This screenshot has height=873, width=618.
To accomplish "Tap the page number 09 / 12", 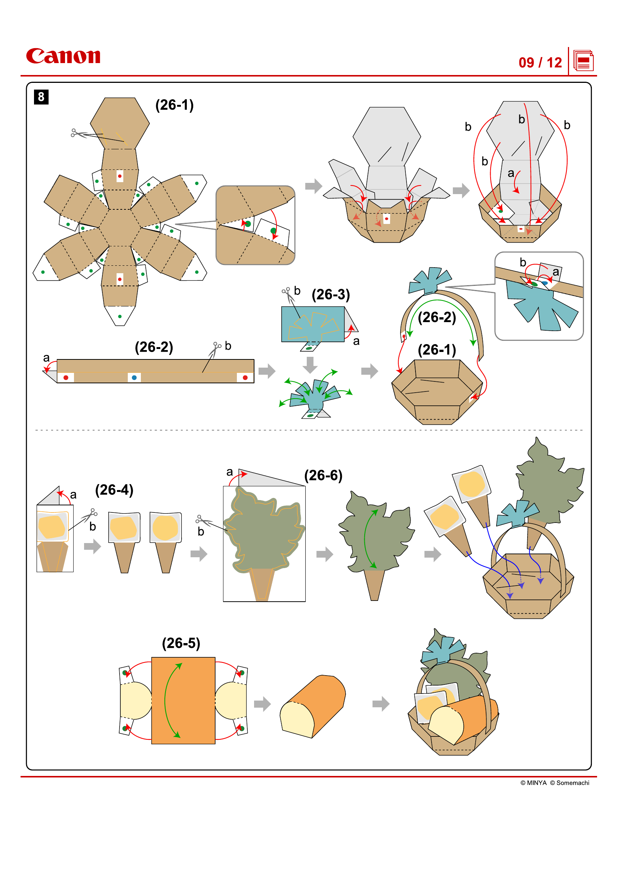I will click(540, 63).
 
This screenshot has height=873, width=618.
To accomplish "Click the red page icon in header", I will click(583, 61).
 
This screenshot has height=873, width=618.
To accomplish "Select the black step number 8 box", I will click(41, 97).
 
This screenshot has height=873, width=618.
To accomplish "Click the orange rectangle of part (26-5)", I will click(183, 700).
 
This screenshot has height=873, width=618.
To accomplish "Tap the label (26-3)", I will click(330, 295).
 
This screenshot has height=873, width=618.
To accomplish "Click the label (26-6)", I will click(323, 475).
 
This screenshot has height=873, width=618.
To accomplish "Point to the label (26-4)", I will click(114, 490).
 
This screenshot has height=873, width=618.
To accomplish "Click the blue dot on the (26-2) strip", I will click(134, 378).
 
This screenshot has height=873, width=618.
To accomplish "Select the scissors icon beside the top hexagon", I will click(78, 133).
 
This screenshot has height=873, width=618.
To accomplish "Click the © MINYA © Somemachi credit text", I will click(554, 783).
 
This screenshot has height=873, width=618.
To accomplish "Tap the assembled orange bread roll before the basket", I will click(313, 707).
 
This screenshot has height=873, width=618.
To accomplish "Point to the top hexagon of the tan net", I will click(120, 122).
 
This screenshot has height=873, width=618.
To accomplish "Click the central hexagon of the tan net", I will click(120, 227).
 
